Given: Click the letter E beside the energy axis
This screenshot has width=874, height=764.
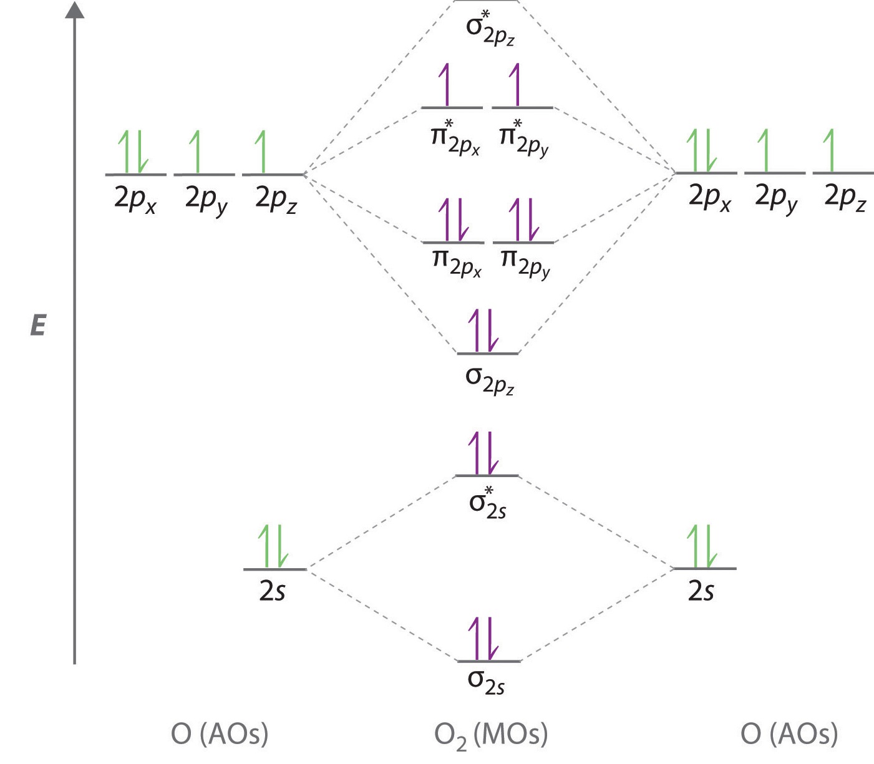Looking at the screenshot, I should pos(38,325).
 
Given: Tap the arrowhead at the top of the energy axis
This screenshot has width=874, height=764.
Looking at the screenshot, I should pos(74,11).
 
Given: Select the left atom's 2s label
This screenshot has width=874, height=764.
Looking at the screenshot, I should pos(272,591).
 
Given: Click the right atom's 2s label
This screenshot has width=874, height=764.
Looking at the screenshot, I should pos(701,591).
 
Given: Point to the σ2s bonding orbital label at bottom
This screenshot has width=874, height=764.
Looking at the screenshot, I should pos(487,682).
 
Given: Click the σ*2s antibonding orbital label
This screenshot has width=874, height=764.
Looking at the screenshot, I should pos(488,504).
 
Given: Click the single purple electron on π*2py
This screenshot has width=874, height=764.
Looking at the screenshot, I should pos(515,85).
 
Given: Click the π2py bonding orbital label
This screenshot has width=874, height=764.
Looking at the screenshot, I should pos(525,263).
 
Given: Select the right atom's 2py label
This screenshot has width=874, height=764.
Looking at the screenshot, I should pos(776,198).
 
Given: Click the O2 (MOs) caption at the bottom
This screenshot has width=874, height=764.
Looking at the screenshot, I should pos(491,735).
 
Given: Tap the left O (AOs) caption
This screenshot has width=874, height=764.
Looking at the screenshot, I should pos(220,734).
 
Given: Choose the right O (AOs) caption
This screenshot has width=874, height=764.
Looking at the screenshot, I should pos(789,734).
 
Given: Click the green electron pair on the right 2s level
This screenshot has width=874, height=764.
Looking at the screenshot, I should pos(702,546).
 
